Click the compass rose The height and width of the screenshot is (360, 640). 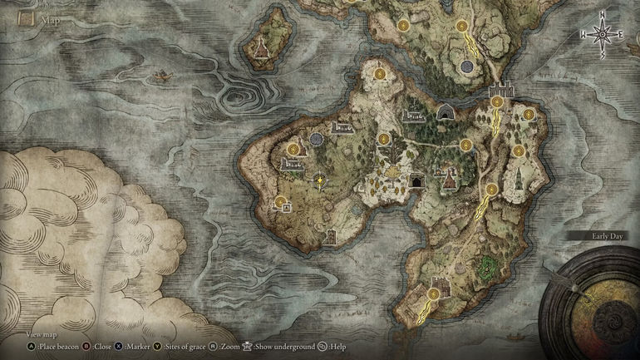602,33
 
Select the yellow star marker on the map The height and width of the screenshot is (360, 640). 320,179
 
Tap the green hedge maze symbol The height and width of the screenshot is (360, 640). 488,267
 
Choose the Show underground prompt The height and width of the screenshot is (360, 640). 278,346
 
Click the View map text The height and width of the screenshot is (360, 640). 42,333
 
